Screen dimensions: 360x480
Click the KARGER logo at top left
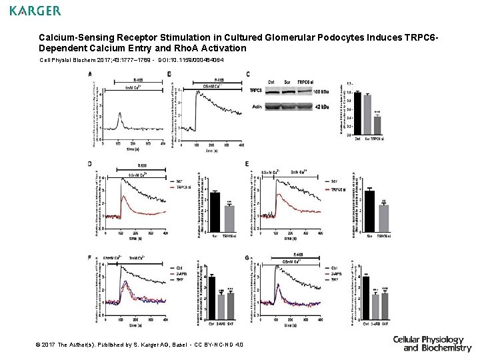[x=35, y=11]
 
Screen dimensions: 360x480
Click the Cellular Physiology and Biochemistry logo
[x=432, y=343]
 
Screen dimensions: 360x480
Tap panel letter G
[x=247, y=257]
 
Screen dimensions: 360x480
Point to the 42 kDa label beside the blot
[x=323, y=106]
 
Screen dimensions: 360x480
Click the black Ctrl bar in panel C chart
[x=357, y=111]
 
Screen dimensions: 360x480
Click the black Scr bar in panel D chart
[x=215, y=211]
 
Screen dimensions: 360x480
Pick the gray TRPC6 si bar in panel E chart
[x=383, y=217]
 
